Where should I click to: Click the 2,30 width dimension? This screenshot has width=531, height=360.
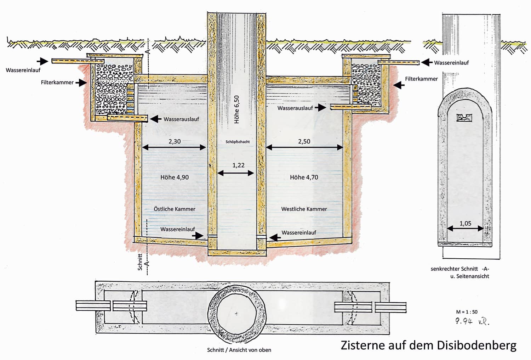tap(174, 141)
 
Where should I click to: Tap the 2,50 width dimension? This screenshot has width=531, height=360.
tap(304, 141)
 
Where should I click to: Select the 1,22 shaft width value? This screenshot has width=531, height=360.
tap(238, 165)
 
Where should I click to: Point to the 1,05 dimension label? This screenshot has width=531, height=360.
tap(465, 223)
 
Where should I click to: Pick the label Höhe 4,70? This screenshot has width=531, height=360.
tap(304, 177)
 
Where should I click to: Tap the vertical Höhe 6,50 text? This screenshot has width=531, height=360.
tap(237, 109)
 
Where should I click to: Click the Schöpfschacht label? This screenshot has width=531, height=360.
tap(238, 142)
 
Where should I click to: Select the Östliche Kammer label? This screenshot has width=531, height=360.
tap(175, 209)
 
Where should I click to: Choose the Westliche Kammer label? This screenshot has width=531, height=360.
tap(304, 209)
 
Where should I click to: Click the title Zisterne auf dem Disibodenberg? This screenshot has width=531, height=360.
tap(428, 345)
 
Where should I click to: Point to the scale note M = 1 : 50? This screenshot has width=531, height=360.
tap(467, 312)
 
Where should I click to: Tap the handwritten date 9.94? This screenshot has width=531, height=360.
tap(464, 322)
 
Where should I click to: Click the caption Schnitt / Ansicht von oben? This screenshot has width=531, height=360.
tap(239, 350)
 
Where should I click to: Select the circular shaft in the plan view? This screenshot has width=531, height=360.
tap(237, 314)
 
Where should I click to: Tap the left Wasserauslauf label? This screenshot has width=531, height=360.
tap(181, 119)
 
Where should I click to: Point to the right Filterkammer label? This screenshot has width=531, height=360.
tap(421, 79)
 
